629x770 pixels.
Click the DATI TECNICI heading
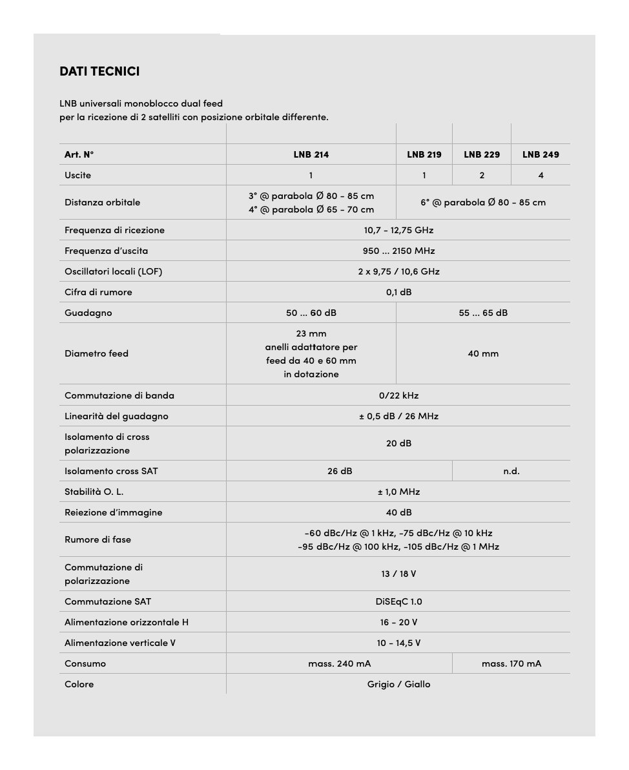(x=99, y=71)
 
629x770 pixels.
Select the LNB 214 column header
(x=311, y=154)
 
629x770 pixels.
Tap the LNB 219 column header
(x=424, y=154)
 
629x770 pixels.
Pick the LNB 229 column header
(x=482, y=154)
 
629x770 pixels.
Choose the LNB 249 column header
(x=541, y=154)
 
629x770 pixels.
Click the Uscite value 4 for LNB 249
(x=541, y=175)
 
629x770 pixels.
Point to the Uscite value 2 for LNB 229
(x=482, y=175)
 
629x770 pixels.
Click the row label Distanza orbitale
(x=102, y=202)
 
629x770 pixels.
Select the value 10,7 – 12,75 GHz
(x=398, y=230)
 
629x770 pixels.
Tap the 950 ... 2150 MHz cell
(x=398, y=251)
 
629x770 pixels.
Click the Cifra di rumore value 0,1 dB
(x=398, y=292)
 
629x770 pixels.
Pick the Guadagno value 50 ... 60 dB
(x=311, y=313)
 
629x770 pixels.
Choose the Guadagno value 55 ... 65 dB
(x=483, y=313)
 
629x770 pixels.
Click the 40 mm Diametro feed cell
(x=483, y=353)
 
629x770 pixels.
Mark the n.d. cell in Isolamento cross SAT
(x=511, y=471)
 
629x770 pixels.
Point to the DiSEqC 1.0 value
(x=398, y=601)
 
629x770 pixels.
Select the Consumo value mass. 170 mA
(x=511, y=663)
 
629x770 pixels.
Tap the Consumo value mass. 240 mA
(x=339, y=663)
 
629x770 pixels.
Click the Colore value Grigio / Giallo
(x=398, y=684)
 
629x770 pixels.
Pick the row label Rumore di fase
(x=98, y=539)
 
